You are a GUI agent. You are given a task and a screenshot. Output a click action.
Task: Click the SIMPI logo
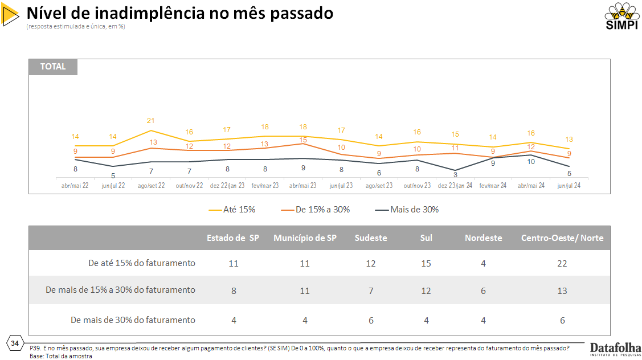coord(621,18)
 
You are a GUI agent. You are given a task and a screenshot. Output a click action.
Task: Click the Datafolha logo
coord(616,349)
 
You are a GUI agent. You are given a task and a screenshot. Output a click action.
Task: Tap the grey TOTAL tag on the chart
coord(53,67)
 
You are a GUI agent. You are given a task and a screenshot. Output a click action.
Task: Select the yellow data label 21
coord(151,121)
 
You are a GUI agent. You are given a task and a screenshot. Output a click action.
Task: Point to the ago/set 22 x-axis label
coord(151,186)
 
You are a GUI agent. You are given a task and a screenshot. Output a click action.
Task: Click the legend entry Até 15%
coord(232,210)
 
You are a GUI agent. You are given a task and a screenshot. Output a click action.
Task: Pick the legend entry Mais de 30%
coord(407,210)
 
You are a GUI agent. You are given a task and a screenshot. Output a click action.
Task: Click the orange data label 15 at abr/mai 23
coord(303,140)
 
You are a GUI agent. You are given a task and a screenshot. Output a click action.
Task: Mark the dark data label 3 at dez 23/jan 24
coord(455,175)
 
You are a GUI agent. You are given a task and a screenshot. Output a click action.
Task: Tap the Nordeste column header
coord(484,238)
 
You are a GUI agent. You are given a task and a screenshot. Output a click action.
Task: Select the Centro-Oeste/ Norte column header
coord(562,238)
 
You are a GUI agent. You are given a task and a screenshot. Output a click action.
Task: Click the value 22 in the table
coord(562,264)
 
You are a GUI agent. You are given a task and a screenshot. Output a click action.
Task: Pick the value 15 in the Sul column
coord(426,264)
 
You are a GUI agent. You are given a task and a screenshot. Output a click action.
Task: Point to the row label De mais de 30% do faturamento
coord(133,320)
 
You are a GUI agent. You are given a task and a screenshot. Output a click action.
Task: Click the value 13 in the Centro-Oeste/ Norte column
coord(562,291)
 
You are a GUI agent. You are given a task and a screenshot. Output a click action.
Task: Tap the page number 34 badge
coord(15,342)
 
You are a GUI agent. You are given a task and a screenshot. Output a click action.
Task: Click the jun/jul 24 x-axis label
coord(569,186)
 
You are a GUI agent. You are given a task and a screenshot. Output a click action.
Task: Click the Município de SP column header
coord(305,238)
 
